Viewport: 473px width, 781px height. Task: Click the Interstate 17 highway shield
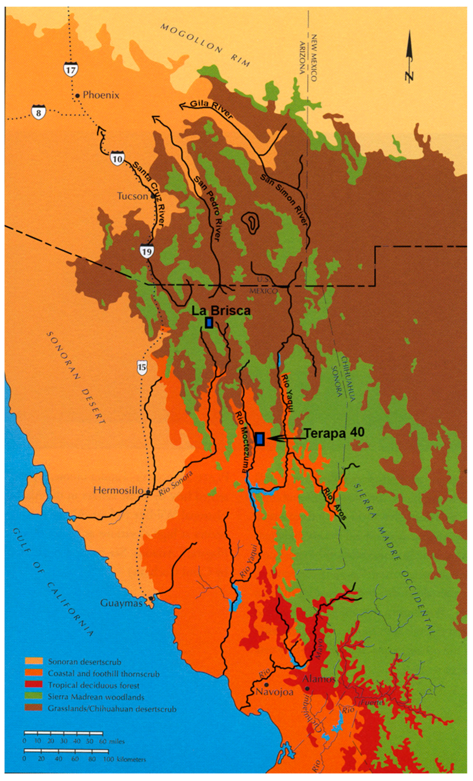(x=70, y=69)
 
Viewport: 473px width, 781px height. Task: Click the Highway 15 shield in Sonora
(x=142, y=367)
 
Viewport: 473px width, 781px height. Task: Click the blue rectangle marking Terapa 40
(x=260, y=439)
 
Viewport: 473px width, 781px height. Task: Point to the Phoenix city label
(x=101, y=95)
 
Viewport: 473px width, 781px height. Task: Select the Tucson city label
(x=133, y=196)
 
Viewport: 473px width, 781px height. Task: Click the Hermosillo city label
(x=118, y=490)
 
